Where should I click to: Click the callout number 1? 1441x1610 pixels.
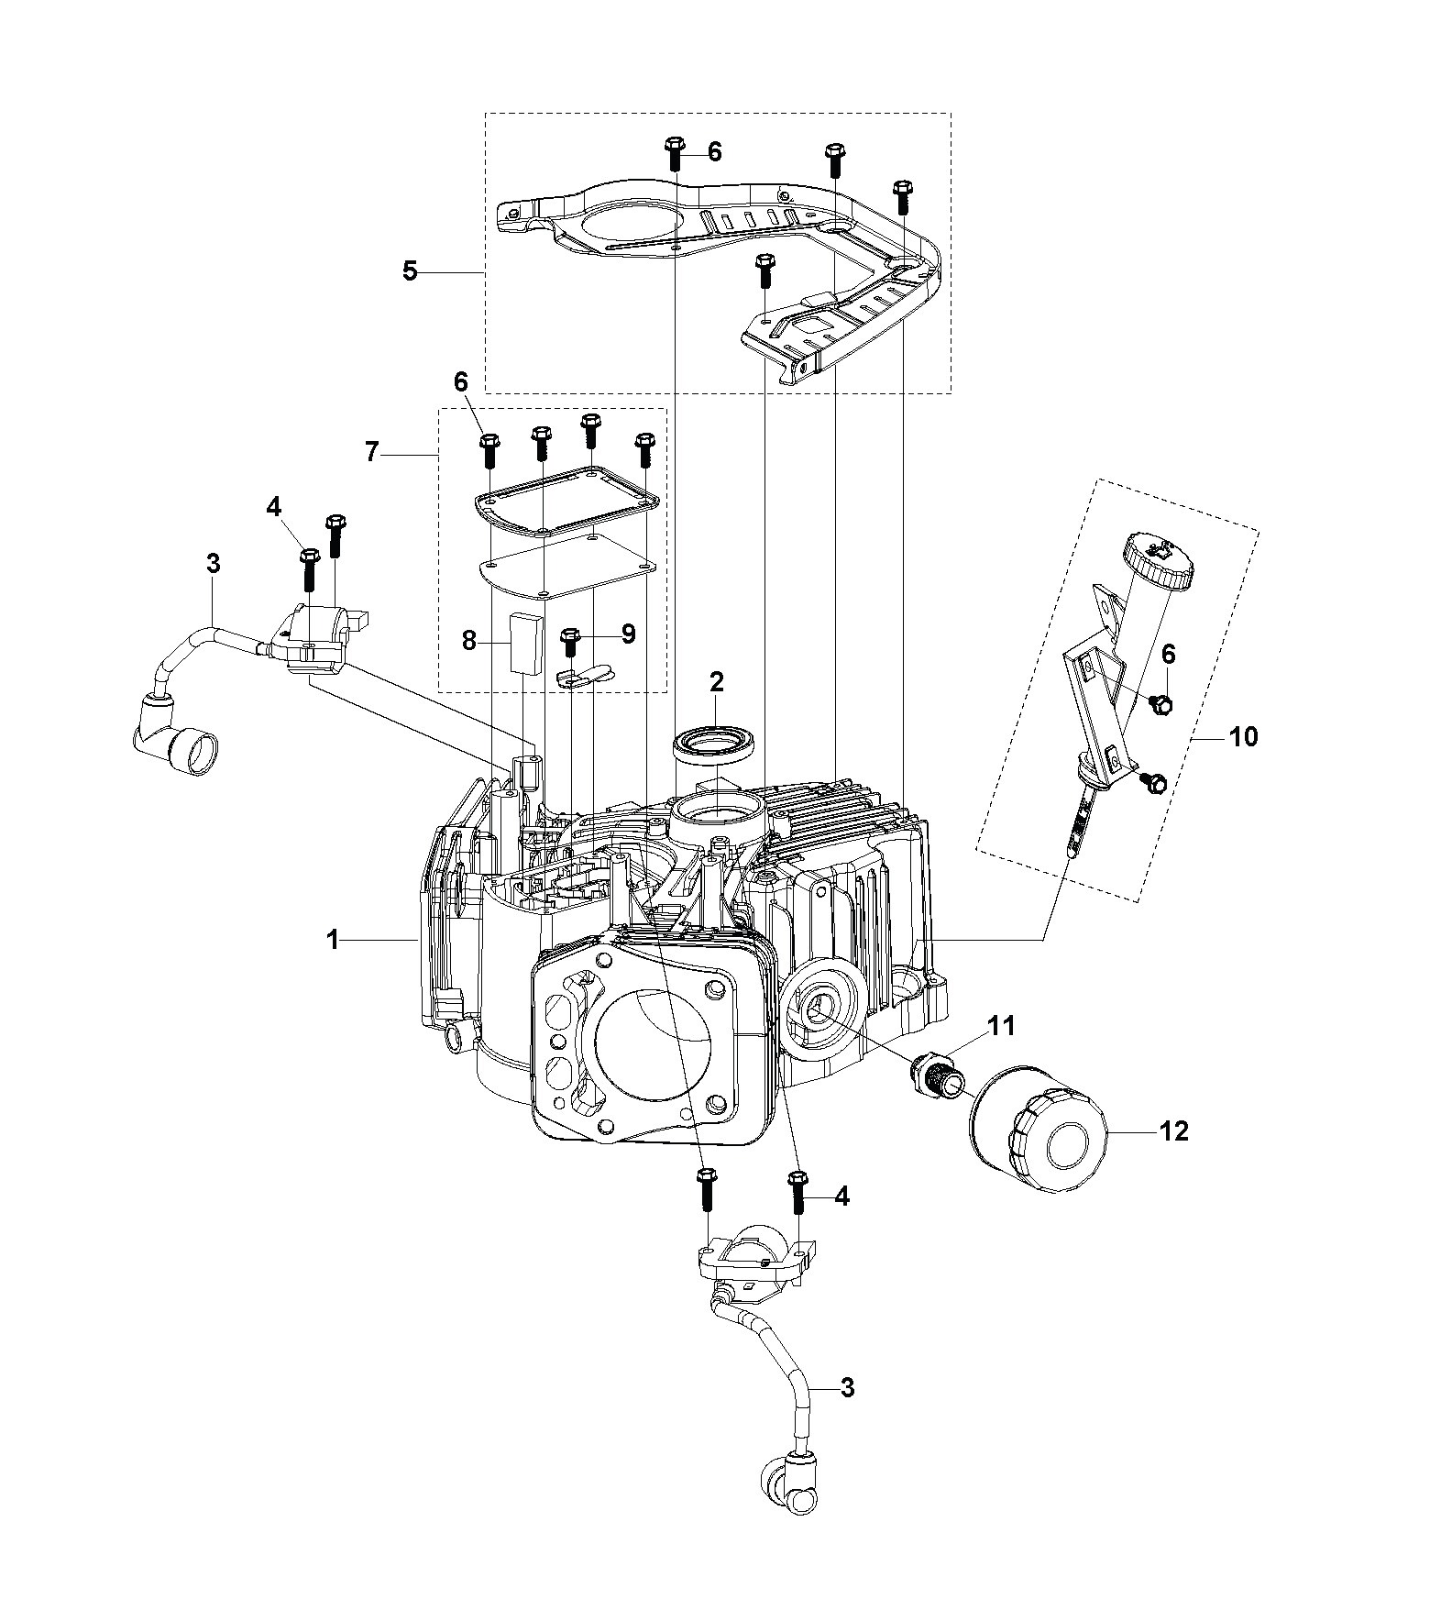click(x=334, y=940)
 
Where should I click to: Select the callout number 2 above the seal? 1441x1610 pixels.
click(x=716, y=681)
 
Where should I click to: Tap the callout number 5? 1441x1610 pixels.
click(x=410, y=271)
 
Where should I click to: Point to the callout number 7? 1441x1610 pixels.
click(x=371, y=453)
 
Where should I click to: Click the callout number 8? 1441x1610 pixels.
click(x=468, y=640)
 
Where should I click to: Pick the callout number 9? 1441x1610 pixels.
click(x=628, y=633)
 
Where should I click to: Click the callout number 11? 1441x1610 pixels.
click(x=1002, y=1025)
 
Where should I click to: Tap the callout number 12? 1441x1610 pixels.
click(x=1173, y=1131)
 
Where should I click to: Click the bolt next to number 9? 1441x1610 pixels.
click(x=569, y=642)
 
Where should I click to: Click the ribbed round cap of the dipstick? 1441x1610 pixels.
click(x=1157, y=560)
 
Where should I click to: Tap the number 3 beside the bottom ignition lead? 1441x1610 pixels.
click(x=847, y=1388)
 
